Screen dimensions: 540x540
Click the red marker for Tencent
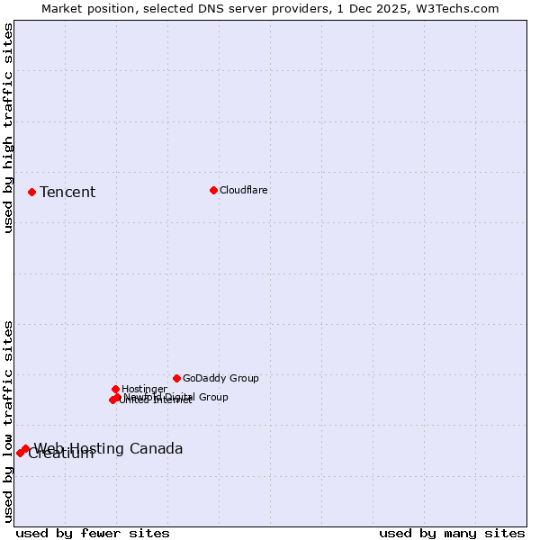31,192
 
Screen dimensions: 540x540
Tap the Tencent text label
67,192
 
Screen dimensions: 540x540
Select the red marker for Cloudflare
213,190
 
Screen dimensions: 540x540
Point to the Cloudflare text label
244,190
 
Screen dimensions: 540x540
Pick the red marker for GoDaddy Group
176,378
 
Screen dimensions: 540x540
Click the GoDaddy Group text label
220,378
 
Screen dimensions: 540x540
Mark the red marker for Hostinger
115,389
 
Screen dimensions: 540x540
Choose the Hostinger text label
144,389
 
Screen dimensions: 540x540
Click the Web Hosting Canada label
108,448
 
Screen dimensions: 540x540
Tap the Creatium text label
61,454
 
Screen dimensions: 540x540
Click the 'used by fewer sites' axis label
93,533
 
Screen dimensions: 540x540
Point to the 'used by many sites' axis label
452,533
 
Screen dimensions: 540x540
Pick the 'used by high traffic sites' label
8,128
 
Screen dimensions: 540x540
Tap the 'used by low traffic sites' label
8,420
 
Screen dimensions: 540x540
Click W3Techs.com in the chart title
460,8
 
